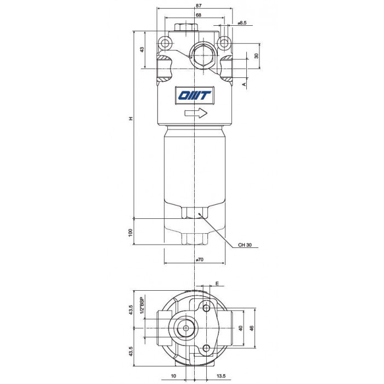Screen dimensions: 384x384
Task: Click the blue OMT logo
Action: [194, 95]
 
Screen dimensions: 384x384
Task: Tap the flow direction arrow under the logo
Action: [196, 113]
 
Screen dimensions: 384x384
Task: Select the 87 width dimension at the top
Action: [199, 5]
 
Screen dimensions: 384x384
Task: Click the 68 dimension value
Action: [199, 15]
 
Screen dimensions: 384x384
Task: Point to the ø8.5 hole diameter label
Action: [242, 23]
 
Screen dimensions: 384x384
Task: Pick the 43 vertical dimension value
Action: [142, 49]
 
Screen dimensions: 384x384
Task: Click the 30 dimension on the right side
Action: [256, 56]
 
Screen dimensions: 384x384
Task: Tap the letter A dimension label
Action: [244, 84]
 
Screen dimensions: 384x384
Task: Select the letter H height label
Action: [131, 118]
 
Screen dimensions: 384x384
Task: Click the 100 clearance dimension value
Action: [131, 233]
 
